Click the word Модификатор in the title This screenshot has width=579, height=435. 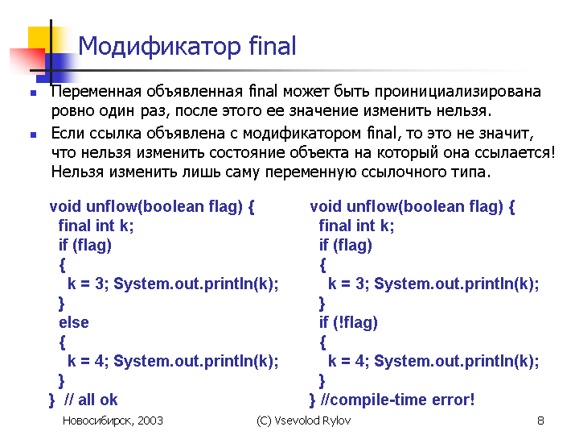[159, 47]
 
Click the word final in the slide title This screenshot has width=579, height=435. [273, 45]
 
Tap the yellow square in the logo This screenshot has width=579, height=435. [40, 39]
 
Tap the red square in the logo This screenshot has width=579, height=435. [27, 60]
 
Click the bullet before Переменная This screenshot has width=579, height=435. [34, 93]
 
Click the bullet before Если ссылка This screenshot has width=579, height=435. [34, 135]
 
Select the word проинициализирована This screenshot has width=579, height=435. [458, 92]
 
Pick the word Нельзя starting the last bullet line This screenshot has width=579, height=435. [77, 172]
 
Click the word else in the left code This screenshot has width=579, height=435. [74, 322]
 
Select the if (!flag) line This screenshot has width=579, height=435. [348, 322]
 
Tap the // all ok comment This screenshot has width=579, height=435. [90, 400]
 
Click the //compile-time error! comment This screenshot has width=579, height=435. [398, 400]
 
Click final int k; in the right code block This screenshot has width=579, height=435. [356, 226]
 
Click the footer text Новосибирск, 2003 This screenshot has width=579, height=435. [113, 420]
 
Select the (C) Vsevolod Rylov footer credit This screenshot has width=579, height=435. [303, 420]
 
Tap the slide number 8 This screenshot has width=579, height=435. [540, 420]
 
